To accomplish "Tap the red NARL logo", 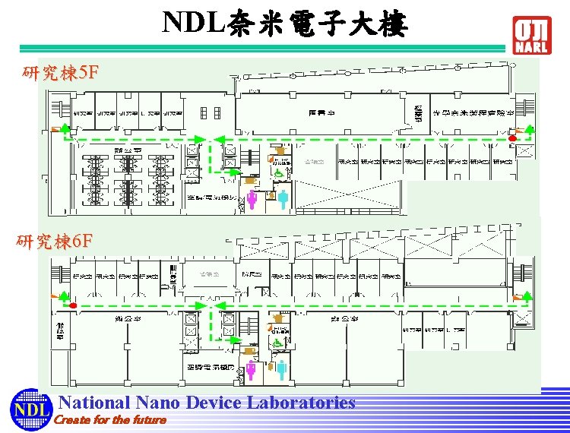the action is (531, 35).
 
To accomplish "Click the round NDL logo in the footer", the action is (28, 411).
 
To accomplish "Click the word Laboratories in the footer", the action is (296, 403).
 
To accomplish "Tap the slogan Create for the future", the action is (111, 419).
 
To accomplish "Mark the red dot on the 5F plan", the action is (513, 139).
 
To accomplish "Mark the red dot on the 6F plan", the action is (73, 306).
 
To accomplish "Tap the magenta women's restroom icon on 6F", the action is (252, 371).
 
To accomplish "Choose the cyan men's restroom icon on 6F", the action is (282, 371).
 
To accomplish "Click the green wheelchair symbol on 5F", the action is (278, 173).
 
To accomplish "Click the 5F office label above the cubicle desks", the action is (122, 150).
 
